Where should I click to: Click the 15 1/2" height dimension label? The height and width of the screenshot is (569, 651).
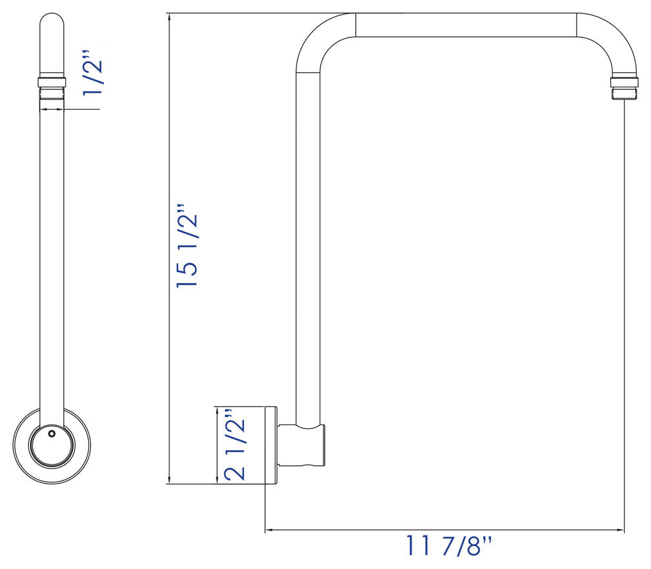click(x=187, y=246)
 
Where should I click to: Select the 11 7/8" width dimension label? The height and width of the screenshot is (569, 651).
click(x=448, y=546)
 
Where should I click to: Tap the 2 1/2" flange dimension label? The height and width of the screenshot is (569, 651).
click(x=235, y=445)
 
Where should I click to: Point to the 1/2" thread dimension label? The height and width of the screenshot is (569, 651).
click(x=93, y=73)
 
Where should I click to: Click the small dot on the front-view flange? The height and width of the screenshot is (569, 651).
click(x=51, y=434)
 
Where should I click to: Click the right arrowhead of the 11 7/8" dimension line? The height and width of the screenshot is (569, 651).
click(x=621, y=530)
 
